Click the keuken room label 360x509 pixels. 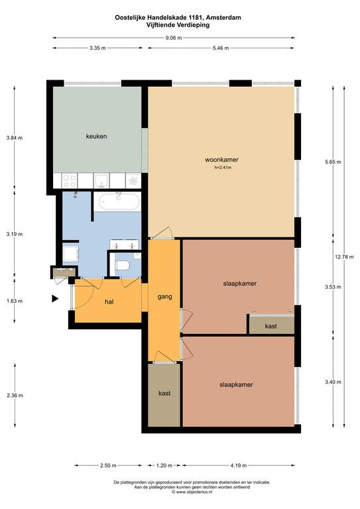[96, 137]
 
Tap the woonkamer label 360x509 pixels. [221, 160]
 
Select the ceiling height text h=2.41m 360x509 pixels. [222, 168]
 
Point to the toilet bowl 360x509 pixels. [122, 265]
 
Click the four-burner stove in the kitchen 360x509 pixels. [69, 180]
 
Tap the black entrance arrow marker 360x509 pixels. [55, 298]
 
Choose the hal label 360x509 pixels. [109, 302]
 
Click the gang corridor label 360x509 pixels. [164, 297]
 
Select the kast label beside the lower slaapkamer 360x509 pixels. [164, 394]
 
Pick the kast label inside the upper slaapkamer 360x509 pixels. [270, 326]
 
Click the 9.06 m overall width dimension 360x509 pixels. [174, 38]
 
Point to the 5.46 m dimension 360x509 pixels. [221, 48]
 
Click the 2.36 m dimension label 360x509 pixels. [15, 396]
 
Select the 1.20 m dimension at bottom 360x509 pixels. [164, 465]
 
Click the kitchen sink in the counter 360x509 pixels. [101, 180]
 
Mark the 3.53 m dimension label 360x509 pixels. [333, 287]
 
